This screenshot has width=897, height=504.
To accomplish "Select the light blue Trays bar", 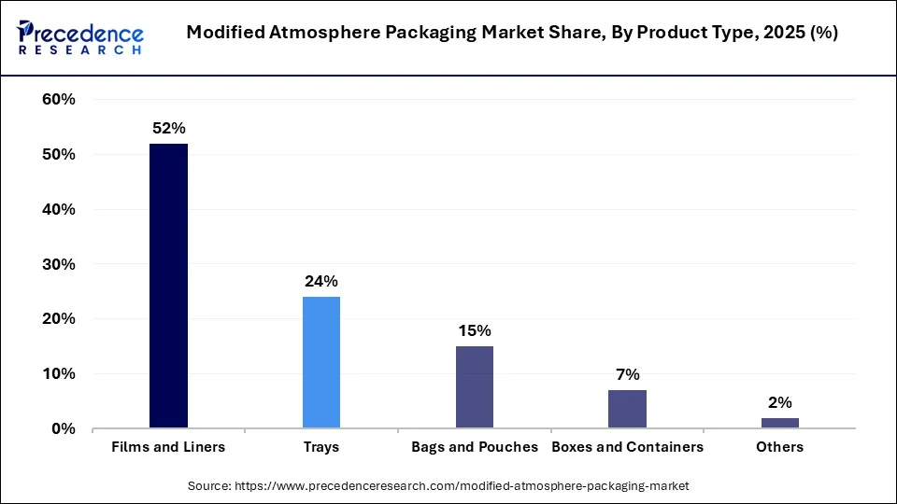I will click(x=321, y=362).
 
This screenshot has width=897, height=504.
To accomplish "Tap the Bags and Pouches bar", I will click(x=475, y=387).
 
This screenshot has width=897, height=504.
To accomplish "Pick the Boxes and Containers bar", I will click(x=628, y=409).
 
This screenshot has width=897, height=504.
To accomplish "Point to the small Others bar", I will click(x=780, y=423).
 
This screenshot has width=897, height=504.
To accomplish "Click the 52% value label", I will click(x=168, y=128).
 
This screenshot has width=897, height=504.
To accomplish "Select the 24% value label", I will click(x=321, y=281).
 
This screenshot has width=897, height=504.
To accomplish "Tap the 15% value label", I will click(x=475, y=330).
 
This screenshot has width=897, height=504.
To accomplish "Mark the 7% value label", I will click(x=628, y=374).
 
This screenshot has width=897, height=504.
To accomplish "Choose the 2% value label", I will click(x=780, y=402).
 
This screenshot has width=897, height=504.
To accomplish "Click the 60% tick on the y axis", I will click(x=59, y=100).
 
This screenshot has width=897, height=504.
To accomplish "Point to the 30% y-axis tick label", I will click(x=59, y=264).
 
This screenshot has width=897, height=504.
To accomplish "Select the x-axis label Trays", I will click(x=321, y=447).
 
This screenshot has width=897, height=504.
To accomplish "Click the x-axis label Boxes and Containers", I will click(x=628, y=447).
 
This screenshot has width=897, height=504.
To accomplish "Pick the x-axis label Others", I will click(x=780, y=447).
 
